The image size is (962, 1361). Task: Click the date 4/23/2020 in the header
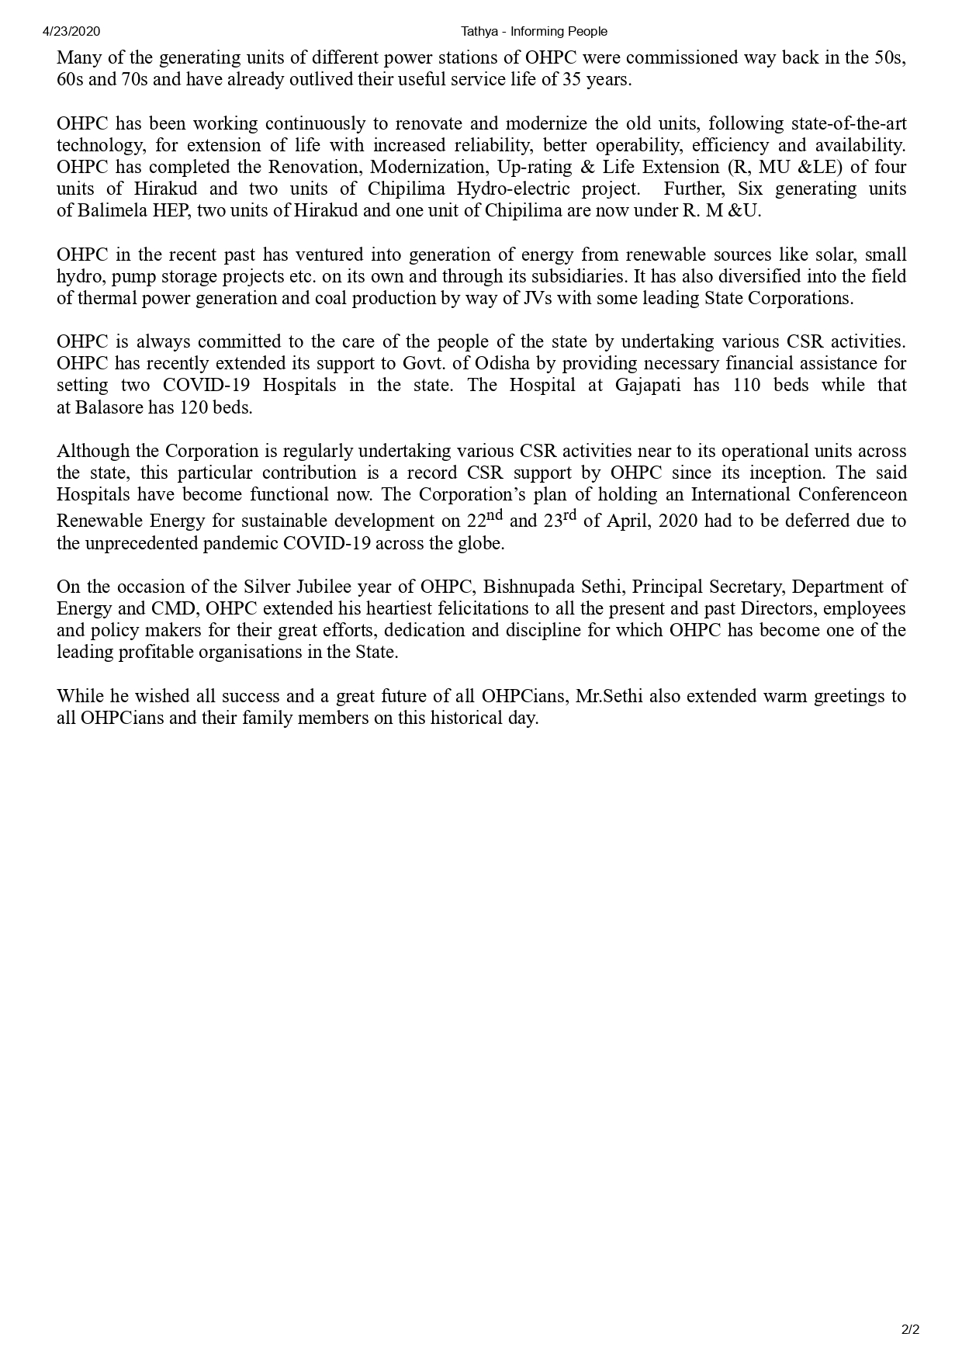click(71, 32)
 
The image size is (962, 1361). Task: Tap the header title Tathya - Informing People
click(534, 32)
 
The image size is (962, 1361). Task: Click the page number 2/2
click(911, 1330)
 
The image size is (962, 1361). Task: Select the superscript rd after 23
click(569, 514)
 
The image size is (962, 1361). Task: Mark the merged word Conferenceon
click(838, 494)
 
